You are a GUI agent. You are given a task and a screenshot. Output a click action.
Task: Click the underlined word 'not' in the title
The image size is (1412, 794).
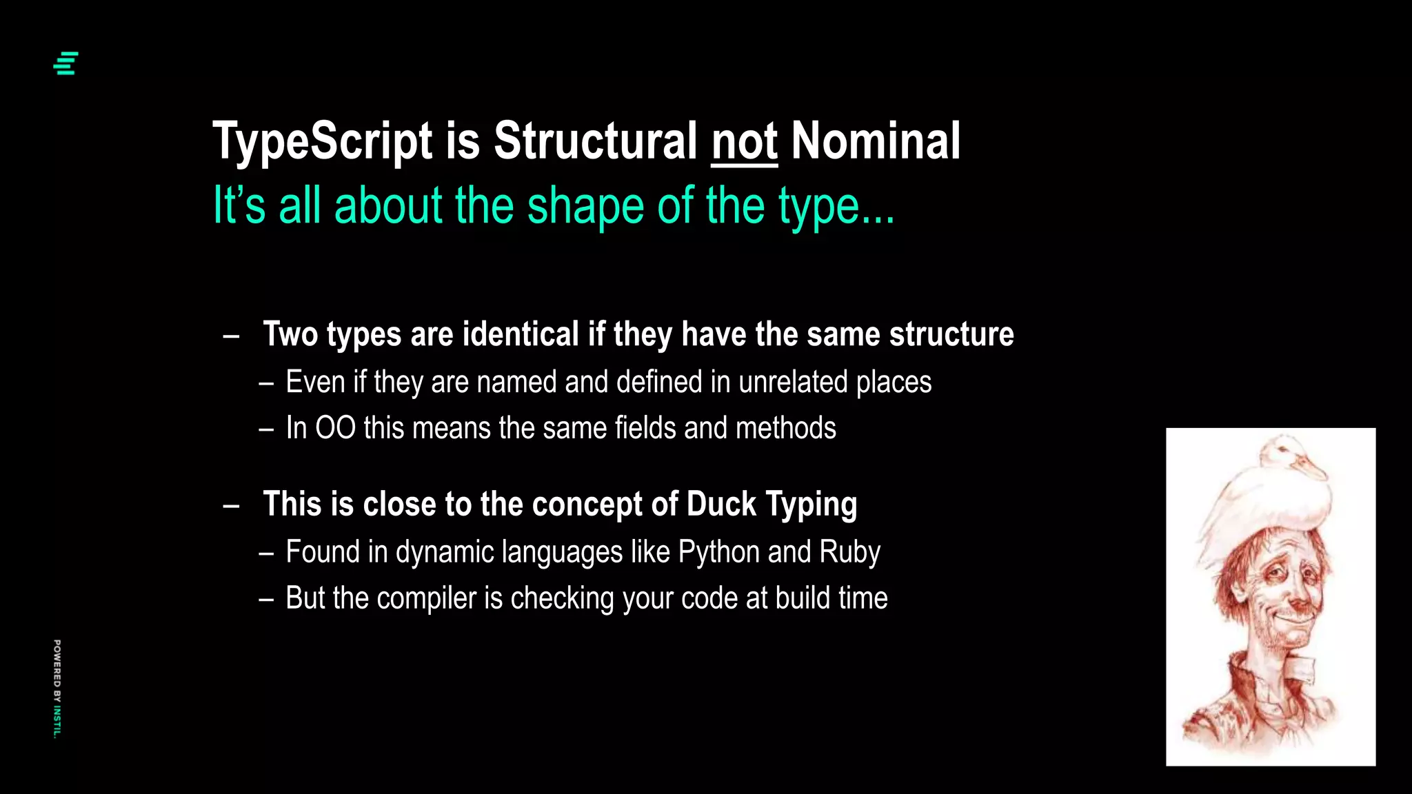click(x=744, y=142)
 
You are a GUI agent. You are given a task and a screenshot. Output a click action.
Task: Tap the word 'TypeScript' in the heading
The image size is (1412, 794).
click(x=323, y=142)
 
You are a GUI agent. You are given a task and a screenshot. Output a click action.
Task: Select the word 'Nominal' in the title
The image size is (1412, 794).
click(x=876, y=142)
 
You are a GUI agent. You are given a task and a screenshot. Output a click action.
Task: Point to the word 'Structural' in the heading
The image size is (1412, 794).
click(x=595, y=142)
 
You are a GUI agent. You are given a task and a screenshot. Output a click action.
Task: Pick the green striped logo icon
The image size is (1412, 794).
click(x=66, y=63)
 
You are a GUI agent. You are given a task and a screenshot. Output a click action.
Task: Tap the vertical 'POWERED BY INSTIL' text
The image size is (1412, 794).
click(x=57, y=689)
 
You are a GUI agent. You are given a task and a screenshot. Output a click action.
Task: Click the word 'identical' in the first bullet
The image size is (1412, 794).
click(x=521, y=334)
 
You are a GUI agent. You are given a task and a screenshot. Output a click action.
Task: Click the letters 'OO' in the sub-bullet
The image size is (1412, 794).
click(x=335, y=428)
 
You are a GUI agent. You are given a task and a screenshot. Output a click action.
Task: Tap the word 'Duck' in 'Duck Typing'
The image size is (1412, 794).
click(x=721, y=505)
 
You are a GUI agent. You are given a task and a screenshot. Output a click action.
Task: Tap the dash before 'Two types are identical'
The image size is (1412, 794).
click(x=232, y=336)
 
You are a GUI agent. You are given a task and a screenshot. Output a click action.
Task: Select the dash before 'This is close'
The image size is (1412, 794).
click(x=232, y=506)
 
